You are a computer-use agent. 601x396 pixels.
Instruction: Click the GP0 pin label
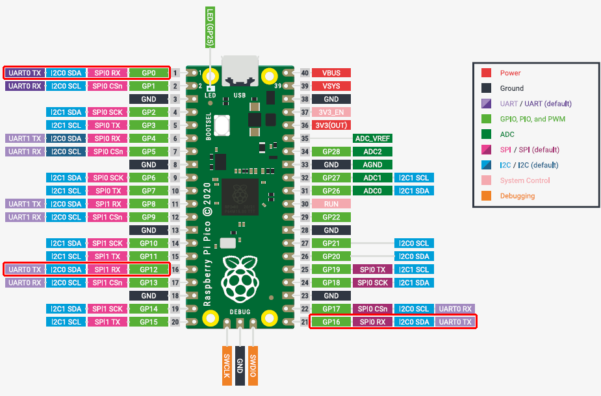pos(149,73)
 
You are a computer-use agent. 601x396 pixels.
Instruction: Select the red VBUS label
pos(331,73)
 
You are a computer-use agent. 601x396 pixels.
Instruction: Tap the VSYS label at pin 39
pos(331,86)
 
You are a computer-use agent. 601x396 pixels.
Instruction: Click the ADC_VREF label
pos(371,138)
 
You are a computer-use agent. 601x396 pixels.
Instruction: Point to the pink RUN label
pos(331,204)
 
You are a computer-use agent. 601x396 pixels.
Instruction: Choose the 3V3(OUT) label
pos(331,125)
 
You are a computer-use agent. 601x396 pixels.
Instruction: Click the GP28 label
pos(331,152)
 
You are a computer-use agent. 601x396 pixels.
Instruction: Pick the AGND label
pos(371,165)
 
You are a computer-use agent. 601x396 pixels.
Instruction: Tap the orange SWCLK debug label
pos(227,364)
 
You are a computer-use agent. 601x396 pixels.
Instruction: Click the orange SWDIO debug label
pos(253,364)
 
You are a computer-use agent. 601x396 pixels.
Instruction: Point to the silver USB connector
pos(239,70)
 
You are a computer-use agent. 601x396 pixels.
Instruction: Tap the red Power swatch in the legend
pos(486,73)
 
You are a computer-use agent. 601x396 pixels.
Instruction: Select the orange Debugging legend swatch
pos(486,195)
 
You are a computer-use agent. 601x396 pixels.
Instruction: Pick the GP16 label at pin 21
pos(331,321)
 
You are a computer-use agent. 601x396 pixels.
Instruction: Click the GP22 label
pos(331,217)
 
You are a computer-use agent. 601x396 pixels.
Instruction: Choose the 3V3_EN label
pos(331,112)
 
